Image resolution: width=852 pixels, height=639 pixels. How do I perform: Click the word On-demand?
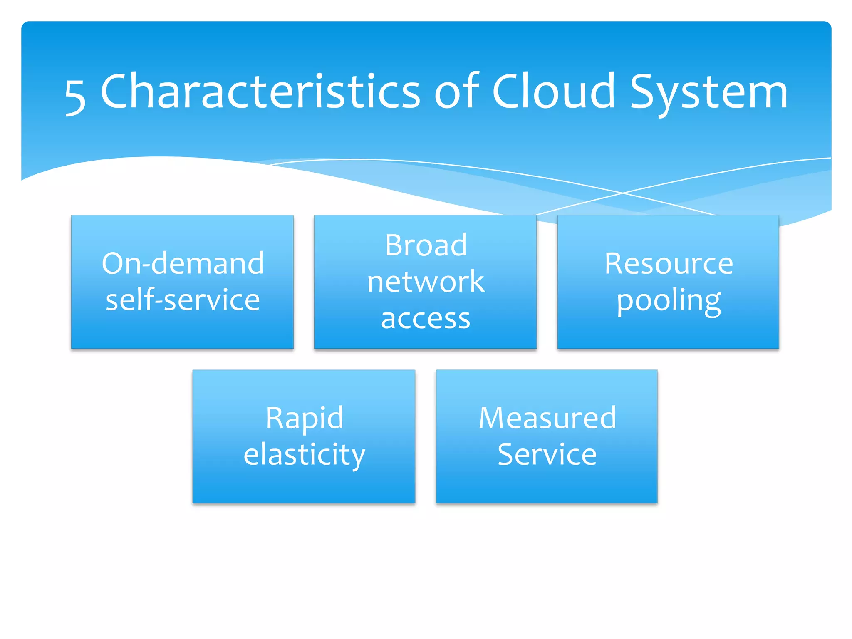click(183, 263)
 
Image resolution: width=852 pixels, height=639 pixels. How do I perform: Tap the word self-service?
click(183, 300)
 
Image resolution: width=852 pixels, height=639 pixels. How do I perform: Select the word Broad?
click(426, 245)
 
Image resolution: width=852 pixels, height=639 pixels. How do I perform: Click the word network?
click(426, 282)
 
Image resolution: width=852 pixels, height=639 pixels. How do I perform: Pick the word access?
click(426, 319)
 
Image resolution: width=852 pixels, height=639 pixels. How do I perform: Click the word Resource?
click(669, 263)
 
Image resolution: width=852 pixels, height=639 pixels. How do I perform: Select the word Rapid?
click(305, 418)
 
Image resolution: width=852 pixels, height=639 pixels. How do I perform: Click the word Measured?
click(547, 418)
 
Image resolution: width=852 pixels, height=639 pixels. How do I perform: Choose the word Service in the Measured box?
click(547, 455)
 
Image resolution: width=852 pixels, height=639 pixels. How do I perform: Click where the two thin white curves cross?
click(623, 193)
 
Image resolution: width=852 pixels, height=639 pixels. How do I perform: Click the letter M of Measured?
click(493, 418)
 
